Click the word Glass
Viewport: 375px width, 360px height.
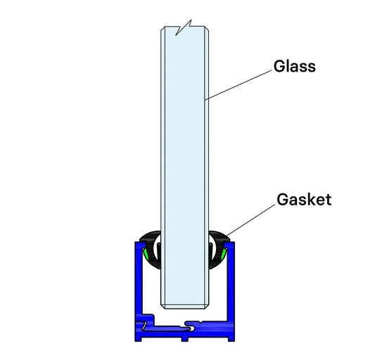click(x=294, y=67)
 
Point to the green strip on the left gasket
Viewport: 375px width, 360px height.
click(x=145, y=252)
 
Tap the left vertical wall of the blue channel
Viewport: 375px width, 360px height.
click(x=135, y=281)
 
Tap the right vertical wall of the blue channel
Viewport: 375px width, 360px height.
click(x=234, y=281)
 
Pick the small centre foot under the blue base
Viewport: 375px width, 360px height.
click(x=184, y=338)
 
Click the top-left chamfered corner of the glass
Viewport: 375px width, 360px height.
click(x=163, y=30)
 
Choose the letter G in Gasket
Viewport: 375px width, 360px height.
click(x=279, y=199)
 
